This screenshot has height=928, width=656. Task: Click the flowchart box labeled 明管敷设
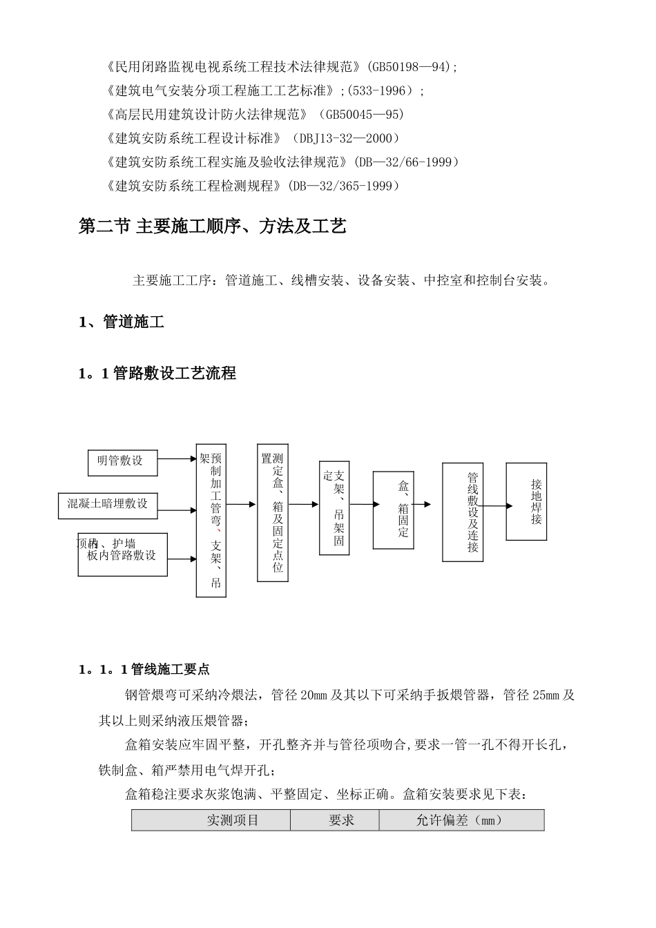pyautogui.click(x=122, y=462)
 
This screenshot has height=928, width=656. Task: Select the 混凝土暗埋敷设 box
pyautogui.click(x=107, y=505)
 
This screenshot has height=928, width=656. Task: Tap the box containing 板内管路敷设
pyautogui.click(x=122, y=554)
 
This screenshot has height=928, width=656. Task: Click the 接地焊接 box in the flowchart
pyautogui.click(x=526, y=501)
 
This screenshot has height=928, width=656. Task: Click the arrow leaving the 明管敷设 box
pyautogui.click(x=177, y=458)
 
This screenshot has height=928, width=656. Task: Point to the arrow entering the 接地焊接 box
pyautogui.click(x=496, y=506)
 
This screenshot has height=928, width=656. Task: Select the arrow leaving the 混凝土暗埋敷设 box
pyautogui.click(x=177, y=511)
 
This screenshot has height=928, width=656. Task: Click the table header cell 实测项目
pyautogui.click(x=211, y=820)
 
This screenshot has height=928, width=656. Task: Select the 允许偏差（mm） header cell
pyautogui.click(x=461, y=820)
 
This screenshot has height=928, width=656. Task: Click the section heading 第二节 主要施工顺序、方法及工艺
pyautogui.click(x=213, y=226)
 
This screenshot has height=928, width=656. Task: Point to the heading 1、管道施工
pyautogui.click(x=122, y=322)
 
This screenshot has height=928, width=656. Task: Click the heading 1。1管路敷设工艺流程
pyautogui.click(x=157, y=374)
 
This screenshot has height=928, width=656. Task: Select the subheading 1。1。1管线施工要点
pyautogui.click(x=144, y=669)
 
